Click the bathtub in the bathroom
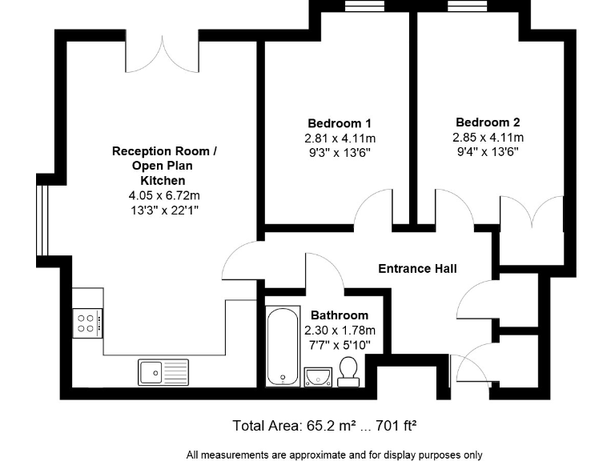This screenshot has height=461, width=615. tap(281, 347)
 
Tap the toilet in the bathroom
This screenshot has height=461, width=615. tap(348, 372)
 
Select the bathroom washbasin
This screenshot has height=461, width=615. tap(319, 375)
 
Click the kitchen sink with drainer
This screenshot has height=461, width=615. tap(163, 371)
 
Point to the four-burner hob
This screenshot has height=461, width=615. tap(87, 323)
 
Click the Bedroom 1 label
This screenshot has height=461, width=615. tap(339, 123)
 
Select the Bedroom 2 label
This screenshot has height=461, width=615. tap(488, 122)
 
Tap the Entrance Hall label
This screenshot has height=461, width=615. tap(417, 268)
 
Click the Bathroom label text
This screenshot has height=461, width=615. tap(340, 315)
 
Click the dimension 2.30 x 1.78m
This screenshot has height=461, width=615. tap(340, 330)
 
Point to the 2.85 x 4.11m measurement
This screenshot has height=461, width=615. tap(488, 137)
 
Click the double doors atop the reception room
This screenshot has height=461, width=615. tap(164, 53)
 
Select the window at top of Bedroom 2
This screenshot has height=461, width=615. tap(469, 6)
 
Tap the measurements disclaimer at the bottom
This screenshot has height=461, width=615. tap(335, 455)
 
